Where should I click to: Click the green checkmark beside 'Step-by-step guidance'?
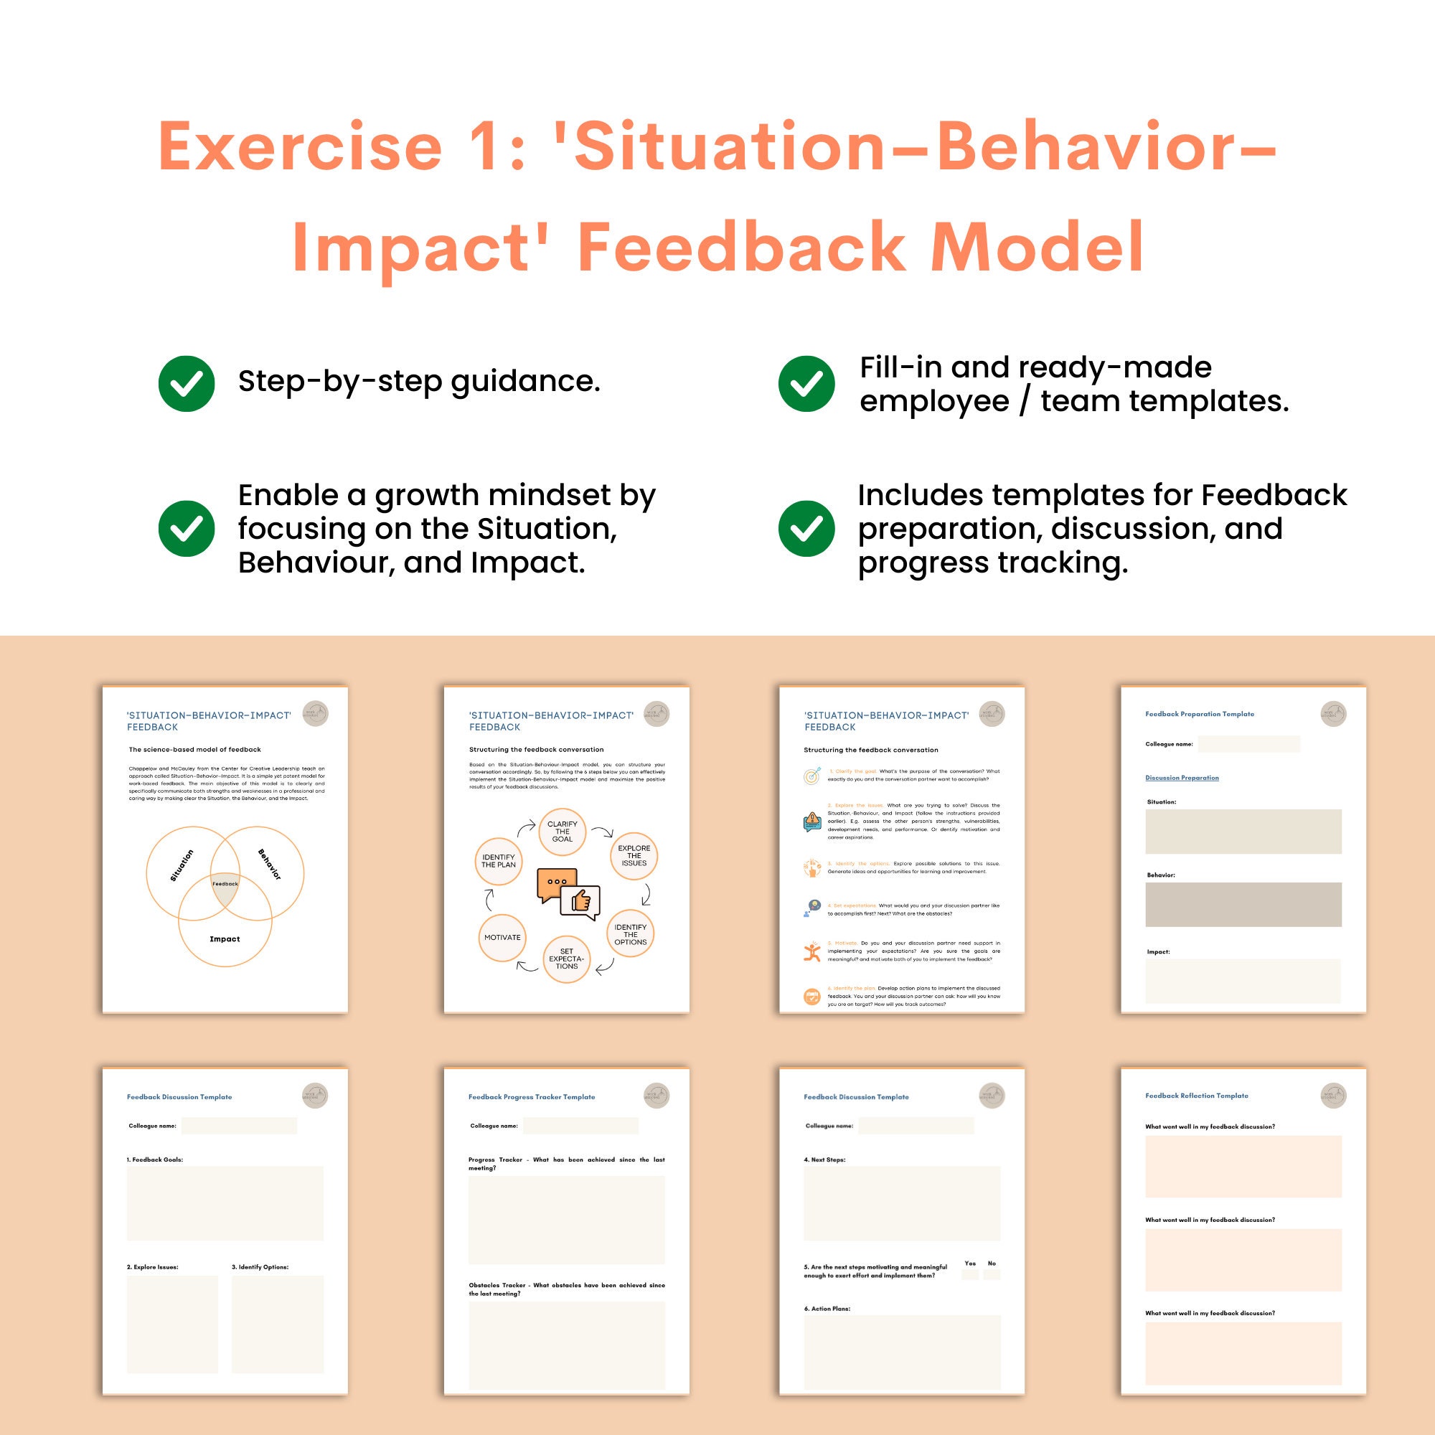point(187,383)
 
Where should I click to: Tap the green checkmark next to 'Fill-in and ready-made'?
point(806,383)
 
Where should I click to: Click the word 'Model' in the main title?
point(1037,247)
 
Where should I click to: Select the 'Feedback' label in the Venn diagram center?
point(225,884)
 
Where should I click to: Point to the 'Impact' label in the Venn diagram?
point(225,938)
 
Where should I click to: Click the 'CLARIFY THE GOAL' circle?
point(563,831)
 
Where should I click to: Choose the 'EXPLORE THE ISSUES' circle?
point(634,856)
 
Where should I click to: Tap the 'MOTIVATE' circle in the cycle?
point(502,937)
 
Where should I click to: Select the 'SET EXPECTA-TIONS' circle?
point(567,959)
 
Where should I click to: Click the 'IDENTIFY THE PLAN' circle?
point(499,861)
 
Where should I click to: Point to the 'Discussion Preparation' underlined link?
point(1182,778)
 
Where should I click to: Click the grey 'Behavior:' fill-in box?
point(1243,904)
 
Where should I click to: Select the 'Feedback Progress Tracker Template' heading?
point(532,1096)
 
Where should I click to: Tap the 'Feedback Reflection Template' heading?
point(1197,1096)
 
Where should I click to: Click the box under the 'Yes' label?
point(970,1274)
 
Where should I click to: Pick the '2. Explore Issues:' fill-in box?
point(172,1324)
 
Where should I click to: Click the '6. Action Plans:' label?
point(827,1309)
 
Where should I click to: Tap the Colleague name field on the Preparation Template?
point(1248,743)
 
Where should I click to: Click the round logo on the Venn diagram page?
point(315,714)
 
